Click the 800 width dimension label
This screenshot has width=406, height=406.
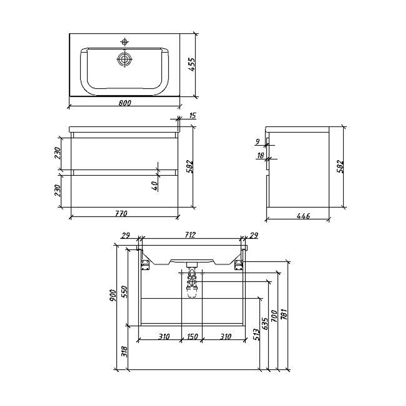point(125,103)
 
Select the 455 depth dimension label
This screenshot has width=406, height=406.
point(192,65)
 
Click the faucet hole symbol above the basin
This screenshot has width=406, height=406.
point(125,42)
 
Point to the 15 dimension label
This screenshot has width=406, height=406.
point(192,115)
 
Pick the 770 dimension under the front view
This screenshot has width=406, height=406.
point(121,214)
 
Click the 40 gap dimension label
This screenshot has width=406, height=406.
point(155,186)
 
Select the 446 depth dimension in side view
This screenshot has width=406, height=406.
point(303,216)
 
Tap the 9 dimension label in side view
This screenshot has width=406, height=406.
point(257,142)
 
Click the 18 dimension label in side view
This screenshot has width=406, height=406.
point(261,155)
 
